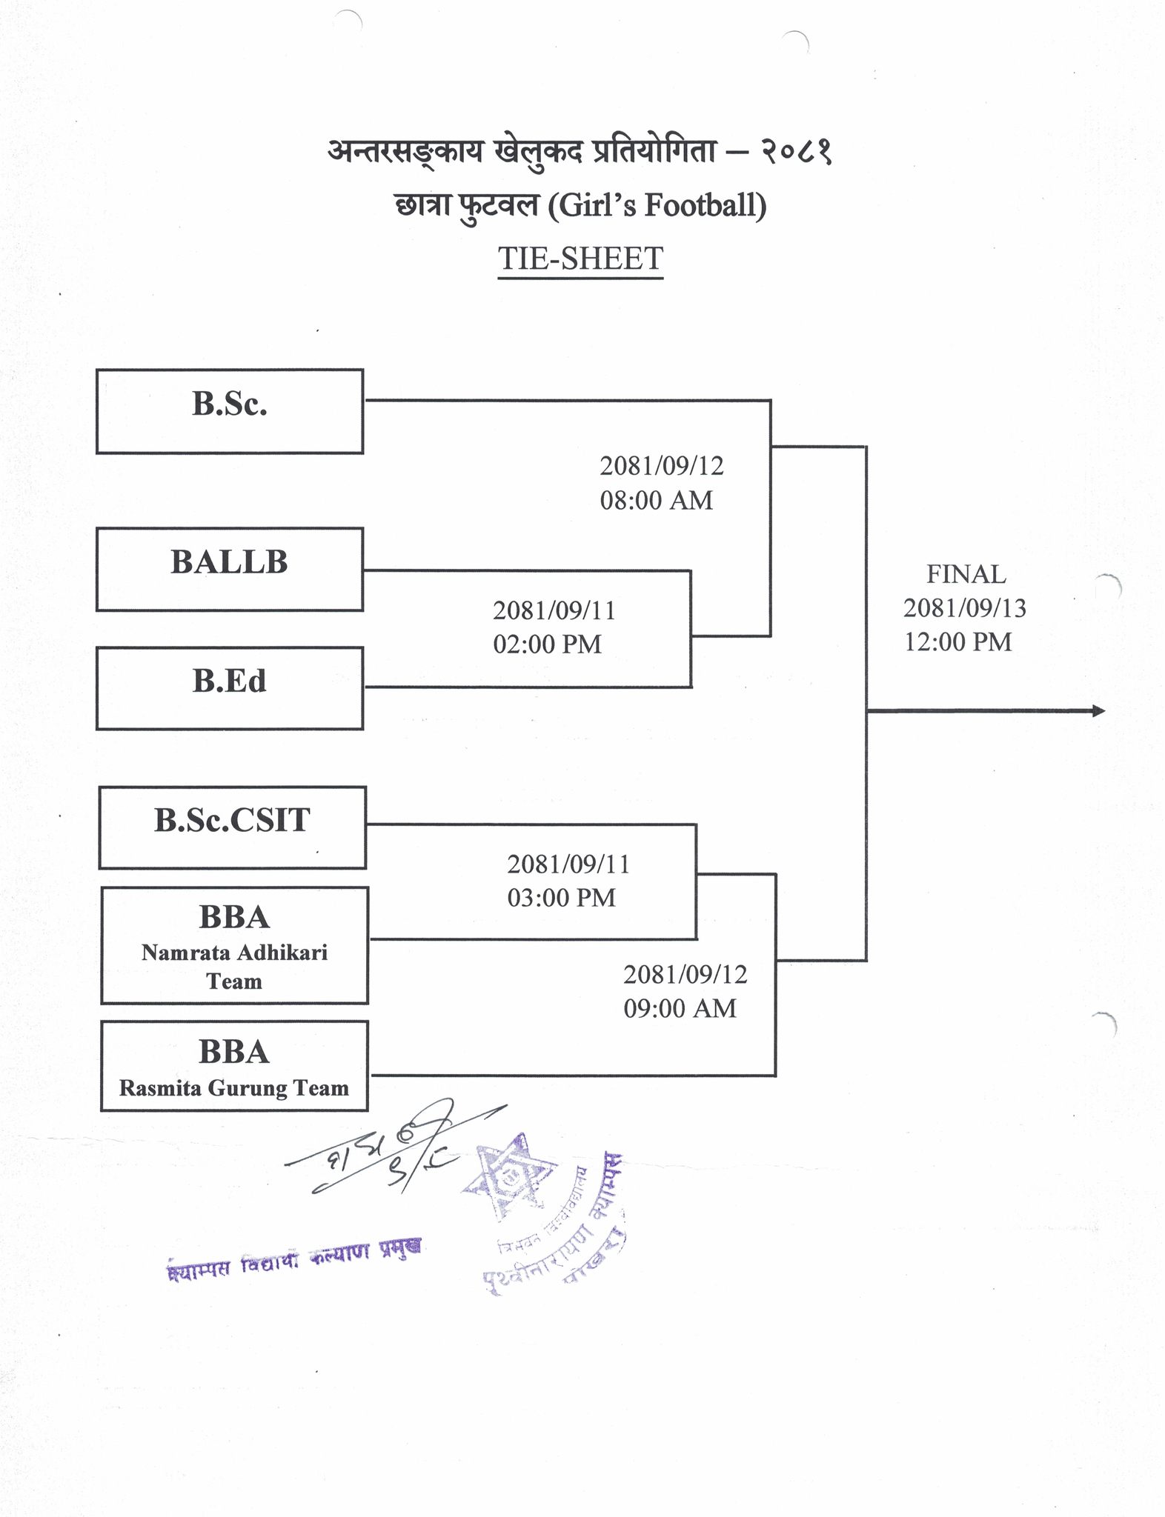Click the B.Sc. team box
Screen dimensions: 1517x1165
tap(230, 411)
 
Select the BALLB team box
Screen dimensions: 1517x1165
tap(230, 569)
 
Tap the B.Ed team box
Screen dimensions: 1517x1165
tap(230, 688)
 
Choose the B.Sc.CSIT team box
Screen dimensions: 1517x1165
tap(232, 827)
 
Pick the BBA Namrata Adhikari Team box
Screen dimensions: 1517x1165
tap(234, 945)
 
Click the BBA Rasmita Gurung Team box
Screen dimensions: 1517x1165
tap(234, 1065)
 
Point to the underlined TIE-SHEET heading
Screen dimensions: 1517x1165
tap(580, 259)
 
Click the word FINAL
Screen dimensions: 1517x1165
tap(966, 575)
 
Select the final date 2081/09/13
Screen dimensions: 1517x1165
tap(964, 608)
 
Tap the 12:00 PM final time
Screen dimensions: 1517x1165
tap(957, 641)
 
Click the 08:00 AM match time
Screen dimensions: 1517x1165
tap(656, 501)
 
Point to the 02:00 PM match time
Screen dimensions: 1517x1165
tap(547, 644)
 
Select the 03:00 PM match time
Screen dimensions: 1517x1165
tap(561, 898)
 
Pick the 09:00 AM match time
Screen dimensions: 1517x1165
tap(680, 1008)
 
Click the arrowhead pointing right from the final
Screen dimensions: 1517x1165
tap(1098, 711)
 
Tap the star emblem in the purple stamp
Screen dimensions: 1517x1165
tap(510, 1177)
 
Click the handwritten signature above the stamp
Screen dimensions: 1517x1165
tap(385, 1153)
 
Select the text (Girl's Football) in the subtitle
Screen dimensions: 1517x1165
tap(657, 205)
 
